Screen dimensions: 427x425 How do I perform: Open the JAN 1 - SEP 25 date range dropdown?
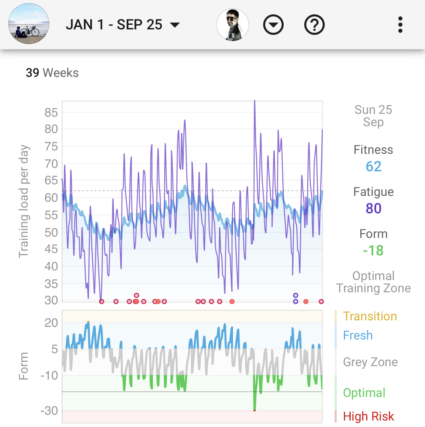(123, 25)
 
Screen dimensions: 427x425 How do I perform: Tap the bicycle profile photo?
(29, 24)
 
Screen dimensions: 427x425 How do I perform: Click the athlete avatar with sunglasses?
(233, 25)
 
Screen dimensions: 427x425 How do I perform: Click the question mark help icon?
(314, 25)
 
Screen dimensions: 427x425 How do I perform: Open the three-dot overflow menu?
(400, 25)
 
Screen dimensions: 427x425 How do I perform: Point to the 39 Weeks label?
(52, 73)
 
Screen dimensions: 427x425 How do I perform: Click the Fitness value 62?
(373, 166)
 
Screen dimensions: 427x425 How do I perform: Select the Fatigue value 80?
(373, 208)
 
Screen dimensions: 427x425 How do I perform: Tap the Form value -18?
(373, 251)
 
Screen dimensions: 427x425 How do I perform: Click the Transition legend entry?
(370, 316)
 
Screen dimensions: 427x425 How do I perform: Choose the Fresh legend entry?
(358, 335)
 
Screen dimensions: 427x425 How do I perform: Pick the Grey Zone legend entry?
(370, 362)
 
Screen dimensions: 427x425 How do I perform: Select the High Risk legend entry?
(368, 416)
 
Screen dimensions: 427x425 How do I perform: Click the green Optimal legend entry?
(364, 393)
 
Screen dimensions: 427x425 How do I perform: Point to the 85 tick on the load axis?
(51, 112)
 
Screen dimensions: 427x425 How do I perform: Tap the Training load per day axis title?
(24, 201)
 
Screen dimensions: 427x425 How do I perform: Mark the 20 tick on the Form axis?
(51, 323)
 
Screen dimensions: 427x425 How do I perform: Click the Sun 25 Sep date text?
(373, 116)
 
